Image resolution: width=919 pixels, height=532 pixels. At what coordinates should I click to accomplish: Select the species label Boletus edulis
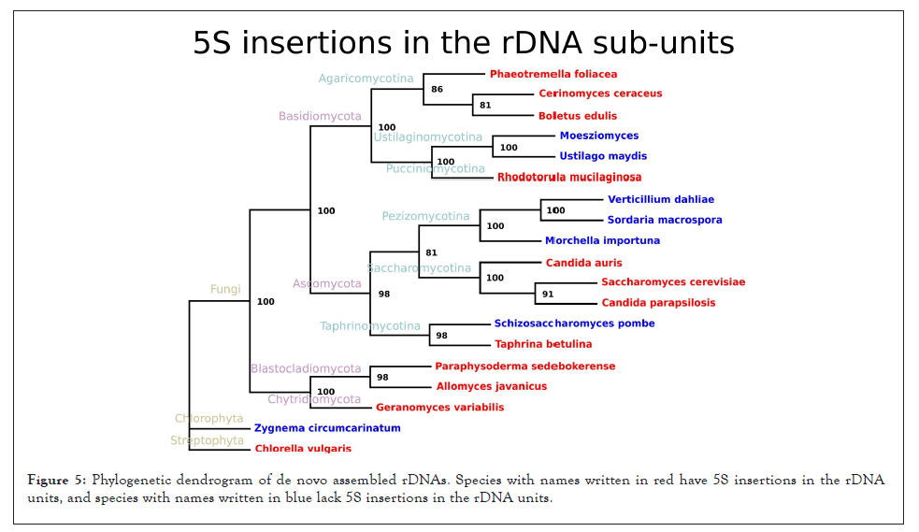(577, 116)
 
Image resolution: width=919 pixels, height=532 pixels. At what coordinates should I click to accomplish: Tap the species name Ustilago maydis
(603, 156)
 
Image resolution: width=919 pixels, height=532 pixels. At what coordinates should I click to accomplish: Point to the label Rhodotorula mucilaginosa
(569, 177)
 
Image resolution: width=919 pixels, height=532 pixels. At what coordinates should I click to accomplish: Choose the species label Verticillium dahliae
(660, 199)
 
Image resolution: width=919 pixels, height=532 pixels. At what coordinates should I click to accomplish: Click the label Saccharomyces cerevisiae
(673, 281)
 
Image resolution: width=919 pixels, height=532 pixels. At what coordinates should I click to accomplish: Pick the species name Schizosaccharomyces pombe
(574, 324)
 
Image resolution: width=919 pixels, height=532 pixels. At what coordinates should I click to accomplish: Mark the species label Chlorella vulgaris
(303, 449)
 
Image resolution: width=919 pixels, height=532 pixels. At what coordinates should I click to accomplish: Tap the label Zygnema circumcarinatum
(327, 428)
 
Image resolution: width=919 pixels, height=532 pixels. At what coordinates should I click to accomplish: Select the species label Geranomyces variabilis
(439, 408)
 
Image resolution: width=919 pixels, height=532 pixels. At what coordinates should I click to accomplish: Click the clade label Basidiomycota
(320, 117)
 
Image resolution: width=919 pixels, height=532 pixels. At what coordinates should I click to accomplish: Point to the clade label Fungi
(225, 290)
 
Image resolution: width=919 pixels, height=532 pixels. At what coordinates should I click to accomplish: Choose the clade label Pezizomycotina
(425, 217)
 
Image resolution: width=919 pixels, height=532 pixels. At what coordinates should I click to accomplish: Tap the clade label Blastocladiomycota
(306, 369)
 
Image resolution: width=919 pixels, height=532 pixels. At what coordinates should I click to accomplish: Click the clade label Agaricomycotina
(366, 79)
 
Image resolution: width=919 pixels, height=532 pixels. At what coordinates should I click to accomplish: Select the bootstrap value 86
(437, 90)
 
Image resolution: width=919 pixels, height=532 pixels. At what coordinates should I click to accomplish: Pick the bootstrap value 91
(548, 295)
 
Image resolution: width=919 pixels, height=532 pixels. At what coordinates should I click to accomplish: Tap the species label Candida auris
(583, 263)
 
